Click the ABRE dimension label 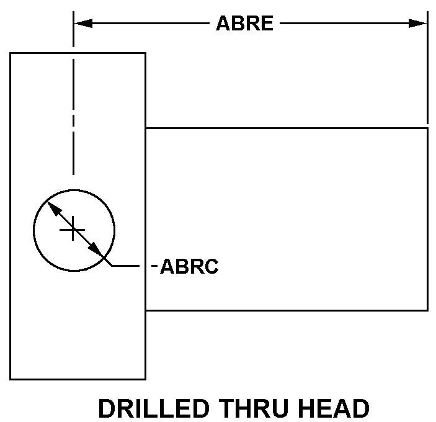pyautogui.click(x=244, y=24)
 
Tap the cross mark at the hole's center pyautogui.click(x=73, y=230)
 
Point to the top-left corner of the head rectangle pyautogui.click(x=11, y=53)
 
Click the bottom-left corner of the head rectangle pyautogui.click(x=11, y=379)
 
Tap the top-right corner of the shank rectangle pyautogui.click(x=427, y=128)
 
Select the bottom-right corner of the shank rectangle pyautogui.click(x=427, y=310)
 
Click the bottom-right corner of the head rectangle pyautogui.click(x=145, y=379)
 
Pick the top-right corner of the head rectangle pyautogui.click(x=145, y=53)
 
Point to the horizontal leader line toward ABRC pyautogui.click(x=127, y=266)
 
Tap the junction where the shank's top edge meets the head pyautogui.click(x=145, y=128)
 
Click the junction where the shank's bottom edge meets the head pyautogui.click(x=145, y=310)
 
